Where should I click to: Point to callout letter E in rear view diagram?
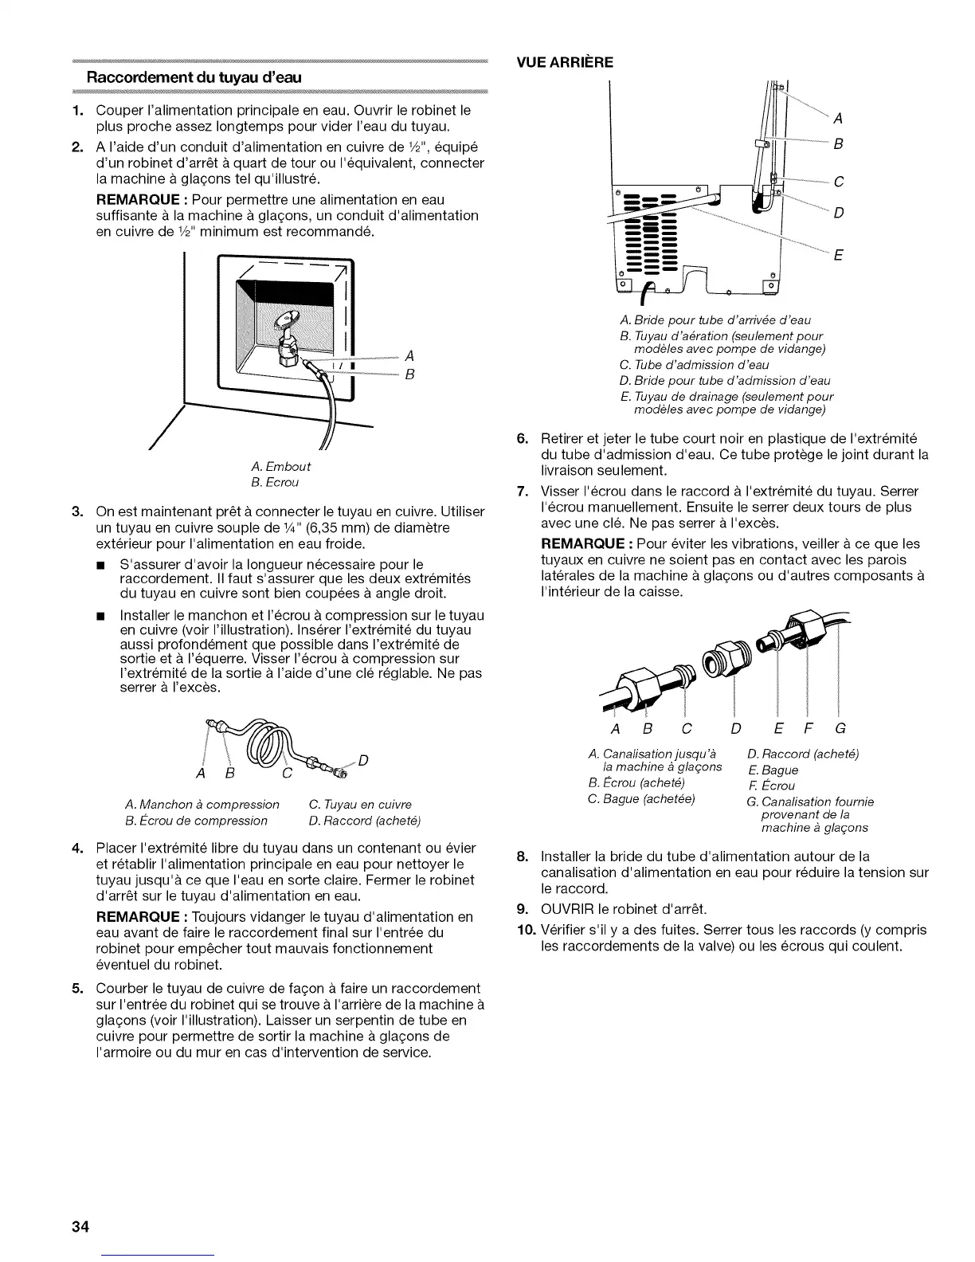838,256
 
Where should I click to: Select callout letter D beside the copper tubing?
363,759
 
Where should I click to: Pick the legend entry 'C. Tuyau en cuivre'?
359,804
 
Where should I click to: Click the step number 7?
524,491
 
